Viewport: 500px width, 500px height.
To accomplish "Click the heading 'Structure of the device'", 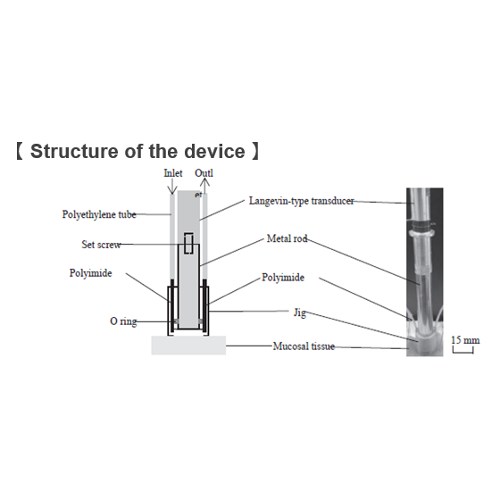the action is click(137, 151).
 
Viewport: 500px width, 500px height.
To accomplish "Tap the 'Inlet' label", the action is click(173, 173).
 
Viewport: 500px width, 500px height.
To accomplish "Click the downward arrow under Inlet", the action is click(172, 187).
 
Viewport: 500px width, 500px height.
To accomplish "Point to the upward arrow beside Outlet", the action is click(205, 186).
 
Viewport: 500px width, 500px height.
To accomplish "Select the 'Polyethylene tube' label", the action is click(99, 214).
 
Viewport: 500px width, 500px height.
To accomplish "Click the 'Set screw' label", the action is click(101, 245).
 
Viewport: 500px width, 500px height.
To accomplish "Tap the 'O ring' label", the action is click(123, 321).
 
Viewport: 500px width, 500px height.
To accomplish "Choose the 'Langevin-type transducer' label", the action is click(302, 201).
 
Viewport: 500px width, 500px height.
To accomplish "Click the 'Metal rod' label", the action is click(287, 238).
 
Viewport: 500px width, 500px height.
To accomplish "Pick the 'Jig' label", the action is click(300, 312).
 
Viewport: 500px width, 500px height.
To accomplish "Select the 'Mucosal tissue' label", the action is click(304, 346).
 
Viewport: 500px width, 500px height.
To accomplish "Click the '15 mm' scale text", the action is click(465, 340).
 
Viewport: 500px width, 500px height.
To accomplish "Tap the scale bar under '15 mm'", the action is click(463, 352).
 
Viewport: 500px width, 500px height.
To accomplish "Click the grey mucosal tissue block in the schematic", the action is click(188, 345).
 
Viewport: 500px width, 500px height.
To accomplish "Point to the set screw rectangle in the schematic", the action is click(188, 243).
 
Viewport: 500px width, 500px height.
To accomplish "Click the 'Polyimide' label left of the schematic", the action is click(90, 273).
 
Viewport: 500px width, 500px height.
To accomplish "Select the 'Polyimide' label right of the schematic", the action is click(283, 278).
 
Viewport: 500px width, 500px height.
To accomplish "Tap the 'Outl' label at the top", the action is click(204, 173).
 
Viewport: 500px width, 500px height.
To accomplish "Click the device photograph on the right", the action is click(424, 272).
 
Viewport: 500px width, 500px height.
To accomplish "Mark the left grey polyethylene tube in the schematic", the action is click(172, 237).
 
